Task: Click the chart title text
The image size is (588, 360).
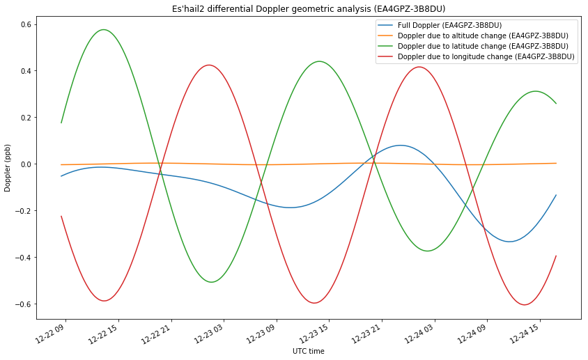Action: tap(309, 8)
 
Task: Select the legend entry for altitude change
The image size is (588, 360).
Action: tap(473, 36)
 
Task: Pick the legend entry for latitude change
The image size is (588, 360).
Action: tap(473, 46)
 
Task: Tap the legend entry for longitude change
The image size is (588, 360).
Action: tap(476, 56)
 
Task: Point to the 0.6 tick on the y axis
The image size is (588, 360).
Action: tap(26, 25)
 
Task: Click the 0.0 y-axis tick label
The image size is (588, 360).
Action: tap(26, 164)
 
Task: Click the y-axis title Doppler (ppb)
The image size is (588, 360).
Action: tap(8, 168)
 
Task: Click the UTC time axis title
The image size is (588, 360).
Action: tap(308, 352)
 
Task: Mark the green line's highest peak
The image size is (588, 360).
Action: tap(104, 29)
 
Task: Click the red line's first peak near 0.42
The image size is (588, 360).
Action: tap(209, 65)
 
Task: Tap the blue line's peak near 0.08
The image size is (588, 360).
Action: tap(401, 145)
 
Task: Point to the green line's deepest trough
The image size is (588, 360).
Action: tap(212, 282)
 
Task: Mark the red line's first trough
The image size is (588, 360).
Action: tap(105, 301)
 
